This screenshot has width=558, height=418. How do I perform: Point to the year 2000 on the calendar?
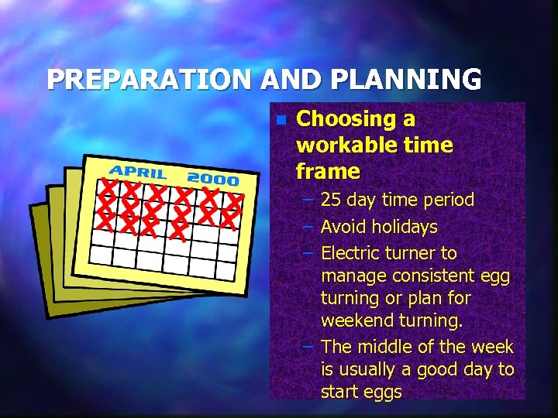point(213,178)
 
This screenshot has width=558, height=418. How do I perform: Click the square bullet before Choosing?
point(281,121)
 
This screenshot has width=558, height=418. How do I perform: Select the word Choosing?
point(345,119)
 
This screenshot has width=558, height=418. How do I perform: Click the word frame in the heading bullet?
point(328,171)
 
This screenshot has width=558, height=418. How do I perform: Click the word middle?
point(386,347)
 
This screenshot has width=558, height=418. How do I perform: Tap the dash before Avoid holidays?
point(308,227)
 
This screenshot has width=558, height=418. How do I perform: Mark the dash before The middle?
point(308,347)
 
